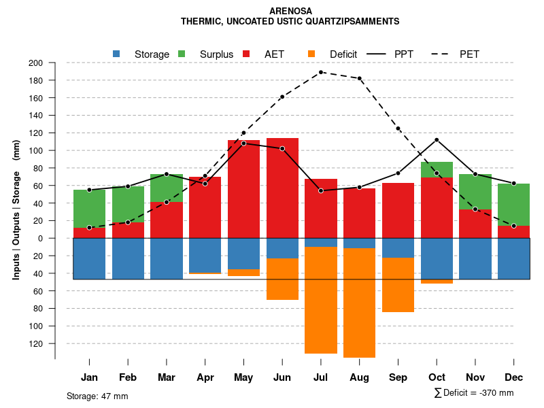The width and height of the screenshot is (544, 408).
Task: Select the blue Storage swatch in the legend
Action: click(x=116, y=54)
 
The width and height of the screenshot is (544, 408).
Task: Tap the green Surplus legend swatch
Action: click(x=182, y=54)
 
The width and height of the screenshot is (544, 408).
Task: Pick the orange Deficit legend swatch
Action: click(x=311, y=54)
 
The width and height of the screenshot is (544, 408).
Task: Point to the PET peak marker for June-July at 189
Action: click(x=321, y=72)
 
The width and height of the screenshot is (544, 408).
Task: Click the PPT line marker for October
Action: click(x=437, y=139)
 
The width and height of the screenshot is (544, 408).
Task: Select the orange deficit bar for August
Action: click(x=360, y=303)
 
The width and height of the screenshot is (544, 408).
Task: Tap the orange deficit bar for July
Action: click(x=321, y=300)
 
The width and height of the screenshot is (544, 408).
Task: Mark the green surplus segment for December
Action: click(x=514, y=205)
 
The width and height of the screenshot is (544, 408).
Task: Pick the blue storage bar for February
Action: click(x=128, y=258)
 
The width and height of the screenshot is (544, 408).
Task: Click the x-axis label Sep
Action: click(x=398, y=377)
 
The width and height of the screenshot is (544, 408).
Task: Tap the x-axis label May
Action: click(x=243, y=377)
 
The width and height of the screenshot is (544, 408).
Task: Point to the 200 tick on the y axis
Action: click(x=35, y=63)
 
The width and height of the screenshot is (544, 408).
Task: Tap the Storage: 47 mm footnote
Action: click(x=97, y=396)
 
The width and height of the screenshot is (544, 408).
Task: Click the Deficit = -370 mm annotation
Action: click(x=474, y=393)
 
